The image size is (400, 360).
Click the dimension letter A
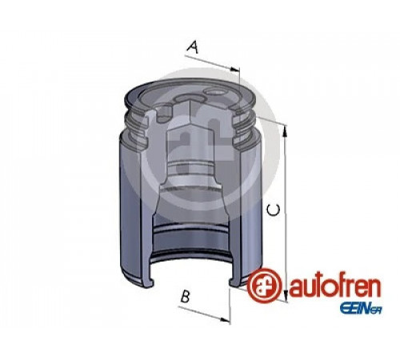pos(193,47)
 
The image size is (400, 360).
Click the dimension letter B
pos(185,296)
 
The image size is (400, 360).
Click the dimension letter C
pos(274,210)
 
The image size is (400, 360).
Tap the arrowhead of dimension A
pos(235,70)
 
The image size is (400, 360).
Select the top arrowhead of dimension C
pos(285,132)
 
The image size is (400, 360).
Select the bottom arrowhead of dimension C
pos(286,296)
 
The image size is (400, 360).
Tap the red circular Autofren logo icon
pos(264,286)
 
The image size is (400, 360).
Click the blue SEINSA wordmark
pos(360,310)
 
